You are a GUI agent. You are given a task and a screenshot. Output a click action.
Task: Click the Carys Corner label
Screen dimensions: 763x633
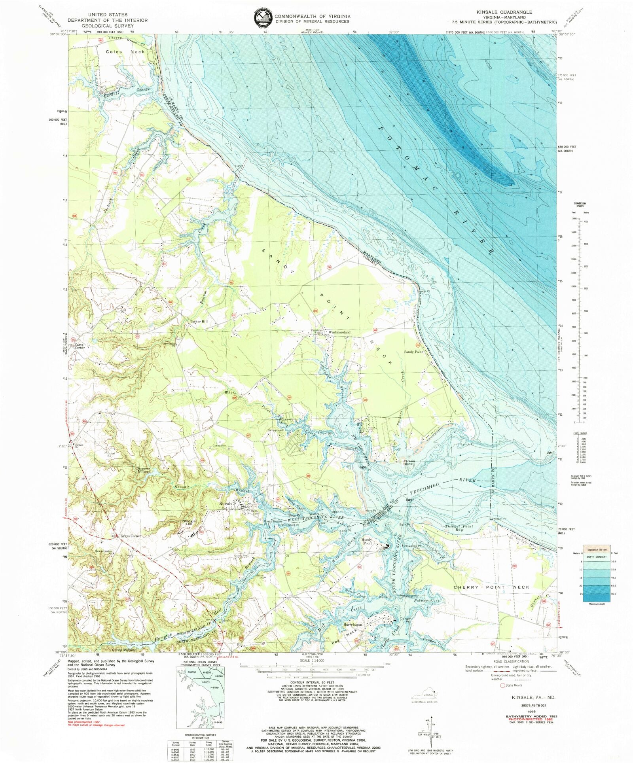tap(80, 346)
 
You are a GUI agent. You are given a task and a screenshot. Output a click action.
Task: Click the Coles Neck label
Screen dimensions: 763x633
tap(125, 52)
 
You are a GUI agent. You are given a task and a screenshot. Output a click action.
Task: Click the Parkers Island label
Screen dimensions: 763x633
tap(409, 462)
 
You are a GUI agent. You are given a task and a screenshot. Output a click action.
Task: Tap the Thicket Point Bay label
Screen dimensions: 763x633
tap(459, 528)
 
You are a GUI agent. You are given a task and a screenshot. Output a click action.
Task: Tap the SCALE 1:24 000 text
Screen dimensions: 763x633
tap(313, 661)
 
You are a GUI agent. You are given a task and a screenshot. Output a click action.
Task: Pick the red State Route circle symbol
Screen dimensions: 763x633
tap(503, 685)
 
